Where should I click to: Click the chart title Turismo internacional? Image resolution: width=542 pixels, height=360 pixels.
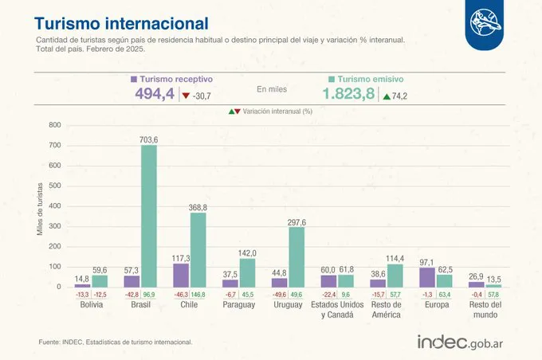point(121,23)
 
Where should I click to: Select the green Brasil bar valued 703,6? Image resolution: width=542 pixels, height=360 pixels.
point(149,215)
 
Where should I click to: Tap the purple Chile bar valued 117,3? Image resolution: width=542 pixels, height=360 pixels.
point(181,275)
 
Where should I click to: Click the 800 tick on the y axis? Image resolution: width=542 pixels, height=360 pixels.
point(54,126)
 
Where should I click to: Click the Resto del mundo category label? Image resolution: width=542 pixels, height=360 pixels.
point(485,311)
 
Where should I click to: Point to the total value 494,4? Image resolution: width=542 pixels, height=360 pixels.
point(155,96)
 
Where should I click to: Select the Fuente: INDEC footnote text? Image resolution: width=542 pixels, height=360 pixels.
point(115,342)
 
